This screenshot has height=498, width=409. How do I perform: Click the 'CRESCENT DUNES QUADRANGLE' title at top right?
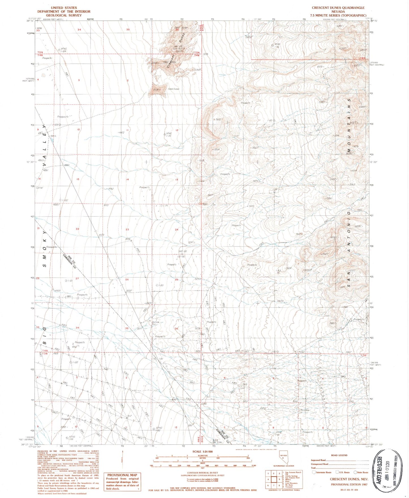tap(338, 8)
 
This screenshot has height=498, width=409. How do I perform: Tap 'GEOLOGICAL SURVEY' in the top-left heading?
tap(64, 15)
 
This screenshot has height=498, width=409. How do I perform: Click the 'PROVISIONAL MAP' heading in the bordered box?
tap(122, 475)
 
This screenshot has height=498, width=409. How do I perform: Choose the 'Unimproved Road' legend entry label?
tap(319, 464)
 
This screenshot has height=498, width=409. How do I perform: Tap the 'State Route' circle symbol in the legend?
tap(355, 472)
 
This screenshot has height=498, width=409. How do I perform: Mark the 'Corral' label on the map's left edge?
tap(39, 188)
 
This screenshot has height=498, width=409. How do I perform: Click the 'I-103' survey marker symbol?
tap(60, 125)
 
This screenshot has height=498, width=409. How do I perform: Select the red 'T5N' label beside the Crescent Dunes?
tap(197, 53)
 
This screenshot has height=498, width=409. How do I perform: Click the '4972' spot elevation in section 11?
tap(121, 132)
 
